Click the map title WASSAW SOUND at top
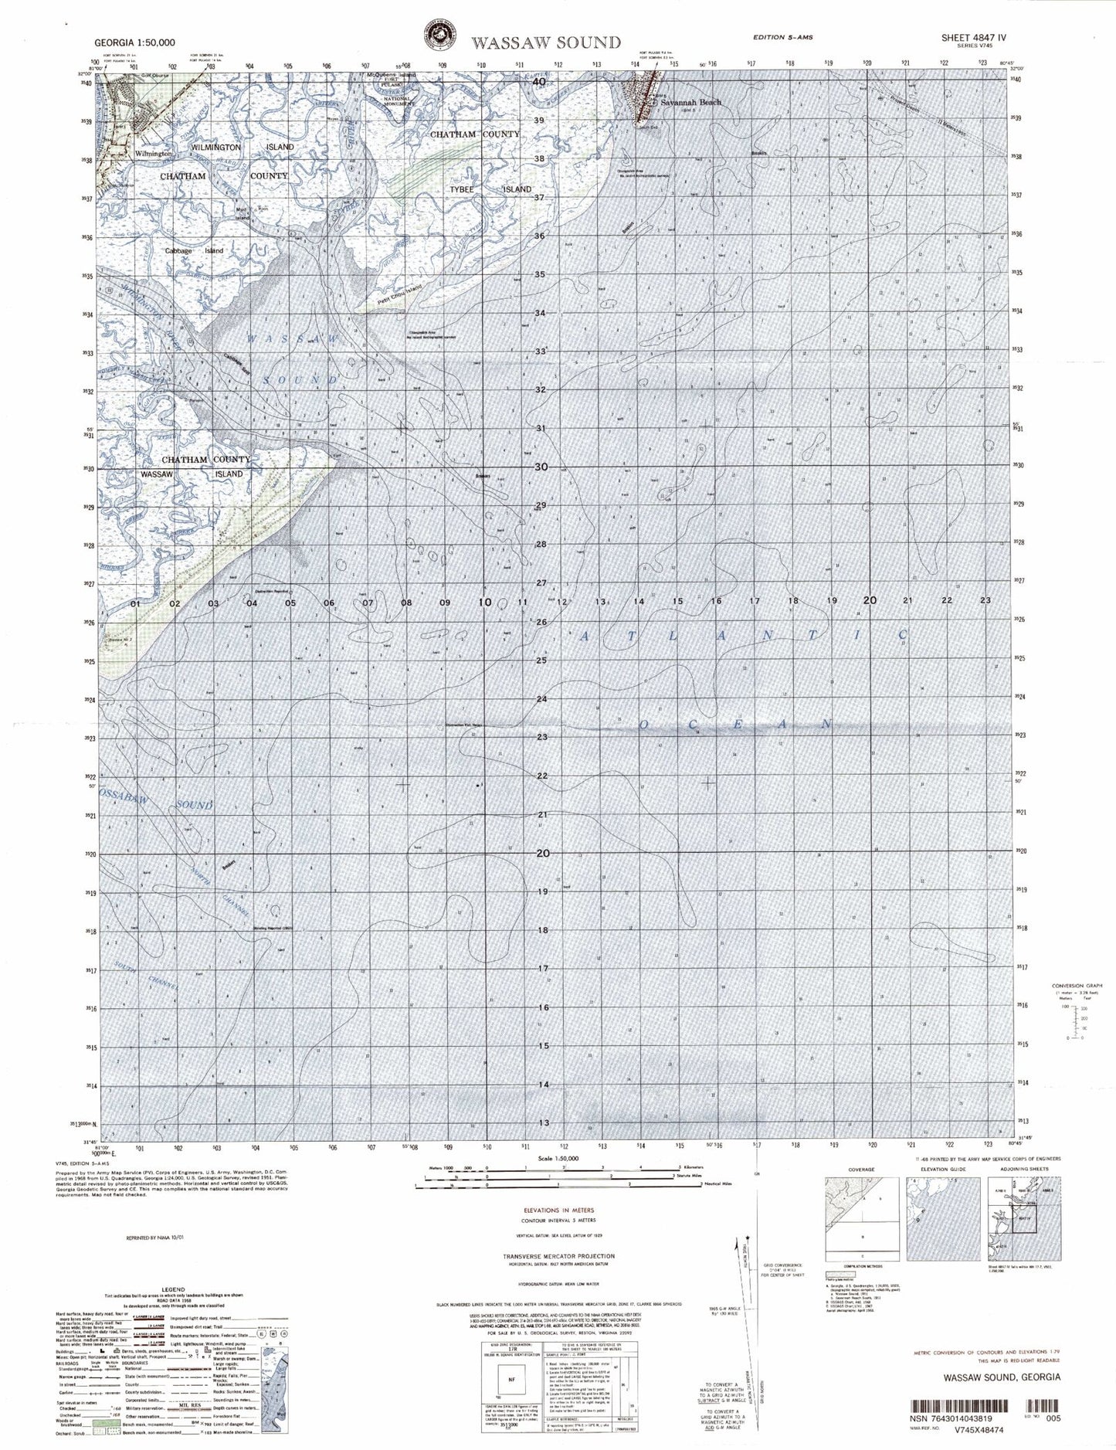tap(546, 43)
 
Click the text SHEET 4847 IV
tap(973, 37)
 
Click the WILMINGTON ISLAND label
tap(242, 147)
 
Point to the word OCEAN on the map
tap(734, 725)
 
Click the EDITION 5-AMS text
tap(782, 37)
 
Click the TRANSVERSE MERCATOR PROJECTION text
tap(559, 1256)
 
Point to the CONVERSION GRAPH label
tap(1077, 986)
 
